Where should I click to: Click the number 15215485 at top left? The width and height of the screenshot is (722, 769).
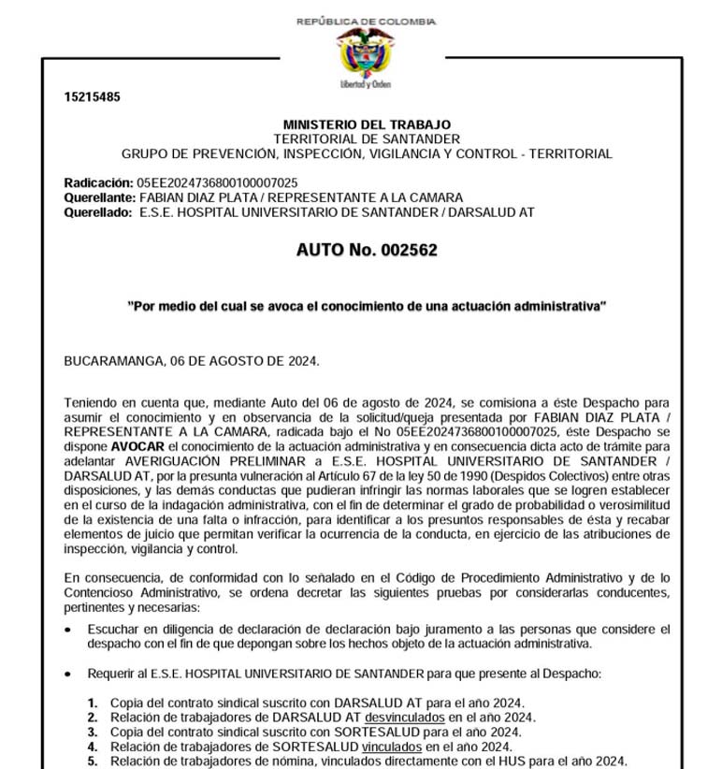pyautogui.click(x=92, y=97)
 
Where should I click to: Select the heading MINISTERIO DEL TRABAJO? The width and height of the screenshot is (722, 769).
pyautogui.click(x=367, y=124)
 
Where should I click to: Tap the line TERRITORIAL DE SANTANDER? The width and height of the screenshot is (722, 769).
pyautogui.click(x=367, y=138)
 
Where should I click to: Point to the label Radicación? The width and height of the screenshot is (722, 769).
pyautogui.click(x=98, y=182)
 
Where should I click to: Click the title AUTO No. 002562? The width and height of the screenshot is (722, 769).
pyautogui.click(x=367, y=251)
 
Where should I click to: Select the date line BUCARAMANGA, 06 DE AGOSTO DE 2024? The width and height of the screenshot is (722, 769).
pyautogui.click(x=192, y=360)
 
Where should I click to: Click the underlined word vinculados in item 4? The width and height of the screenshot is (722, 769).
pyautogui.click(x=392, y=747)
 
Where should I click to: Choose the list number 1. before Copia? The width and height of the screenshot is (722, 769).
pyautogui.click(x=93, y=703)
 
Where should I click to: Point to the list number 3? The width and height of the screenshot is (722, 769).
pyautogui.click(x=93, y=732)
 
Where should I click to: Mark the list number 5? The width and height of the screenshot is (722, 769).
pyautogui.click(x=93, y=761)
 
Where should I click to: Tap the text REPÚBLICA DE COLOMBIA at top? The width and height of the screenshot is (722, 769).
pyautogui.click(x=366, y=21)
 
